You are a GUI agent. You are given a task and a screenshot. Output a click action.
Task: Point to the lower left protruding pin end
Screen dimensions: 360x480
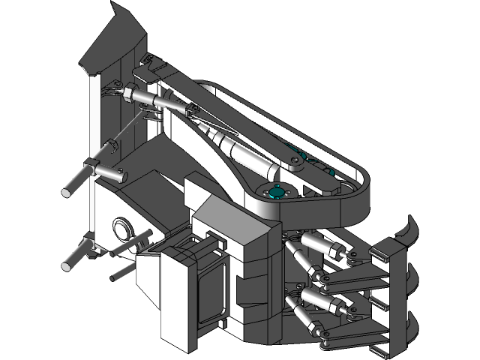click(68, 265)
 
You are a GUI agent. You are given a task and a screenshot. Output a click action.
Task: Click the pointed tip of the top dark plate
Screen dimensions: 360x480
click(115, 6)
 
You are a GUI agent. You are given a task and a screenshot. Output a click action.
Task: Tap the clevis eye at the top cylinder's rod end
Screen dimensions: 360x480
click(192, 111)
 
